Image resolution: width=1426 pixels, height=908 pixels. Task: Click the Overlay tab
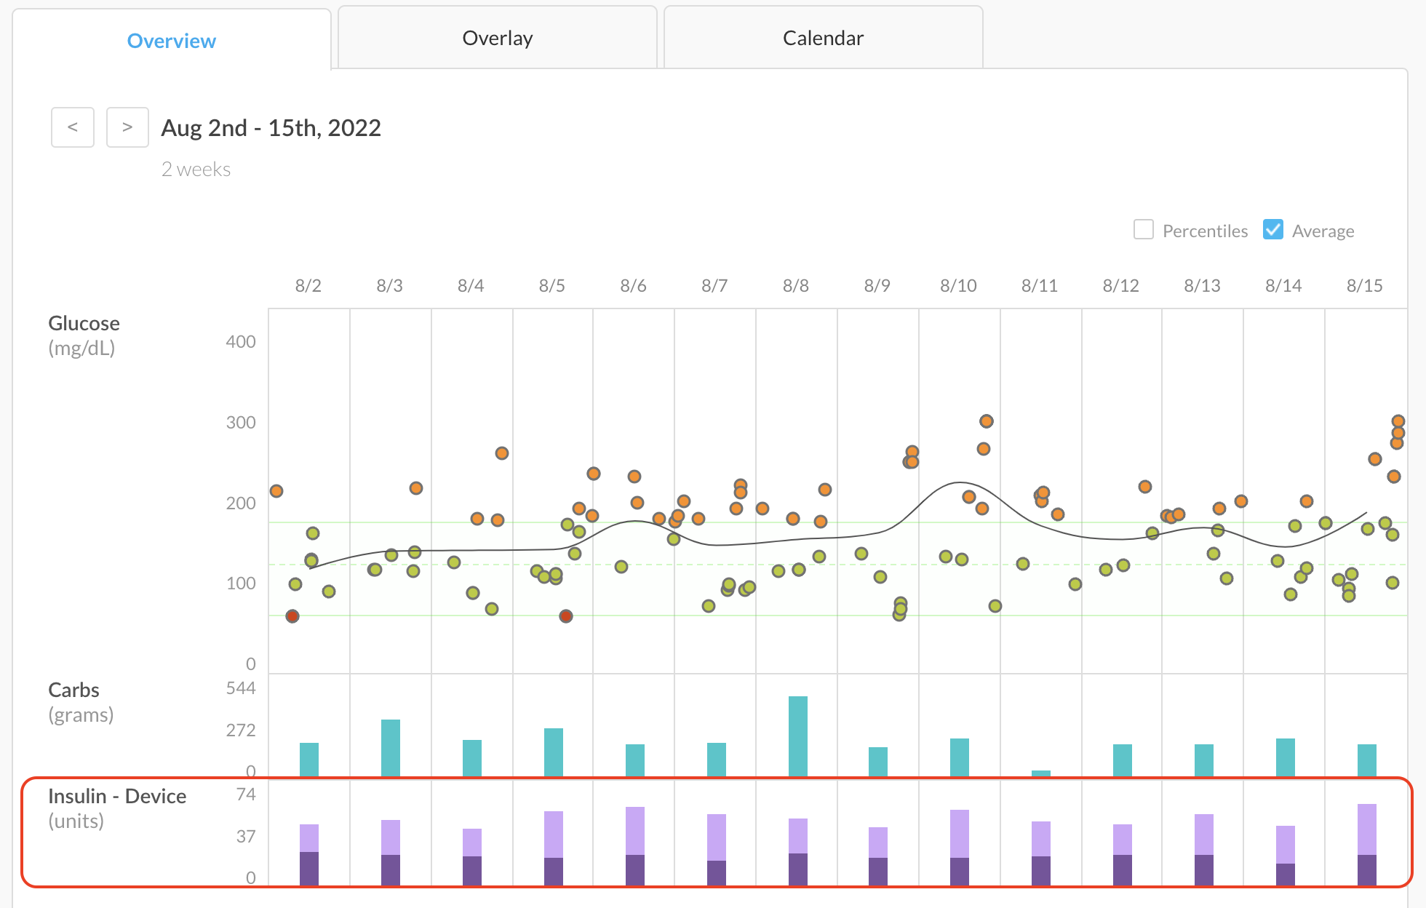[498, 38]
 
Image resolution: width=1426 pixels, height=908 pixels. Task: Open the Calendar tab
[823, 38]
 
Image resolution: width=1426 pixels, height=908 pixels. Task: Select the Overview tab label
[172, 41]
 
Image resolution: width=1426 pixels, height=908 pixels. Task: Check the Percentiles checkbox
[1144, 230]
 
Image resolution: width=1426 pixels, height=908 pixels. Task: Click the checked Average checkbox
[1272, 230]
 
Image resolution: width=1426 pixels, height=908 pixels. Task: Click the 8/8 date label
[795, 286]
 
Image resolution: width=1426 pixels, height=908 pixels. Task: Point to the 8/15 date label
[1364, 286]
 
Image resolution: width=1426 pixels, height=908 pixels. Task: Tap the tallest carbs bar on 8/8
[798, 735]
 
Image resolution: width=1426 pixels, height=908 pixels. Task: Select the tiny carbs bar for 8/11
[1041, 773]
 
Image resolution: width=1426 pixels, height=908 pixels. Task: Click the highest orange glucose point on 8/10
[986, 421]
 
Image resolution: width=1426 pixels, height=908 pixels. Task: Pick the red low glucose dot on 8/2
[292, 616]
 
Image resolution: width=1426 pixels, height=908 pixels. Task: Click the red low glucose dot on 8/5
[566, 616]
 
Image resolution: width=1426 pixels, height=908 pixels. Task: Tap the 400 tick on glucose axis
[241, 342]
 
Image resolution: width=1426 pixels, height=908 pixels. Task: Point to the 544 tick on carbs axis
[241, 688]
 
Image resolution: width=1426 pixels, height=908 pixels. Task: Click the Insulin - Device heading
[117, 796]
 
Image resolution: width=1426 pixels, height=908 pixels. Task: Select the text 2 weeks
[196, 170]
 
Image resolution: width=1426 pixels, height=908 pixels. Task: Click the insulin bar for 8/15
[1367, 844]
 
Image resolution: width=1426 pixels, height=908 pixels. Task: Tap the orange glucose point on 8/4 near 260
[502, 453]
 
